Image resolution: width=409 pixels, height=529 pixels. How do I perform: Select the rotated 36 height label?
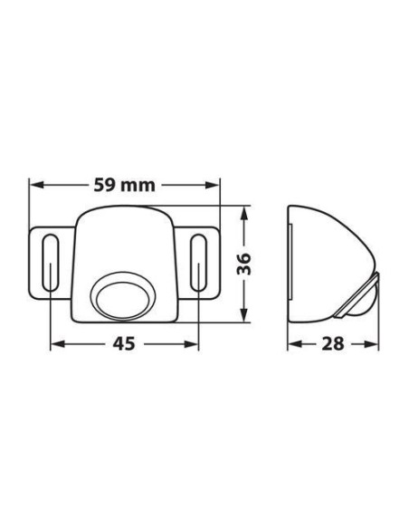[x=254, y=264]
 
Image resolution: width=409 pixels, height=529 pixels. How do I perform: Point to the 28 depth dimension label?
[x=330, y=345]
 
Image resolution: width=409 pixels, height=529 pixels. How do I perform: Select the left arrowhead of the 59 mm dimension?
[x=34, y=186]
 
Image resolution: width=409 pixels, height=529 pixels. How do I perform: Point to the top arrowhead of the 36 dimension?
[x=246, y=211]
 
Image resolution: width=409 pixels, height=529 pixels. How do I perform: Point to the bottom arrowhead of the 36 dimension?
[x=246, y=317]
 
